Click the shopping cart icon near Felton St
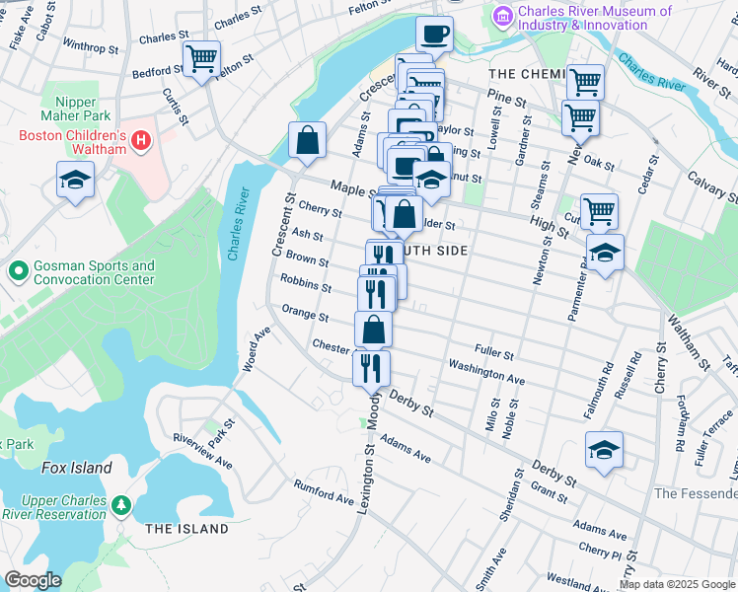(x=201, y=58)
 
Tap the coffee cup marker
(x=434, y=36)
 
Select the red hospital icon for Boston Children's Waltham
(x=142, y=141)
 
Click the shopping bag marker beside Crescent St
(x=308, y=140)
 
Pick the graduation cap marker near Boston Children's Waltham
(x=75, y=182)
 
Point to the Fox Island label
(x=76, y=468)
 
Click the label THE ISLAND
(x=187, y=529)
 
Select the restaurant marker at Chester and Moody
(x=371, y=368)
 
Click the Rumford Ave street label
(x=323, y=491)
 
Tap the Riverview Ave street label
(x=201, y=450)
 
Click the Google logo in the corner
(x=34, y=580)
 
